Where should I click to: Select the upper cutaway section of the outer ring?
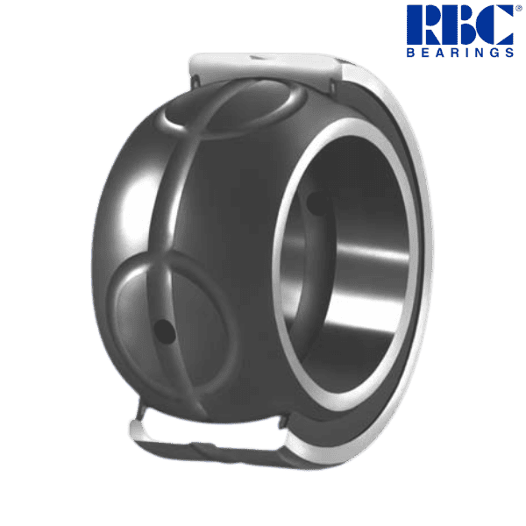(263, 66)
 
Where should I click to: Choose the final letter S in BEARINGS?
(509, 52)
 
